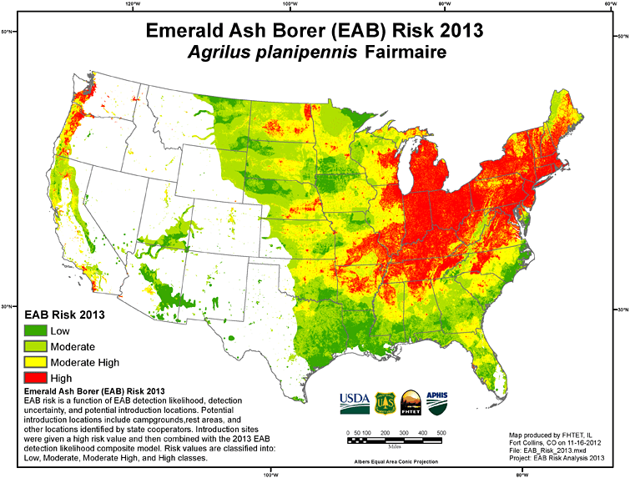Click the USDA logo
(x=354, y=402)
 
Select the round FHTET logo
(x=411, y=402)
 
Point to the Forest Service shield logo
(x=383, y=402)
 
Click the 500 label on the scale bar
(x=441, y=433)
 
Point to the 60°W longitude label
(x=611, y=4)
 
